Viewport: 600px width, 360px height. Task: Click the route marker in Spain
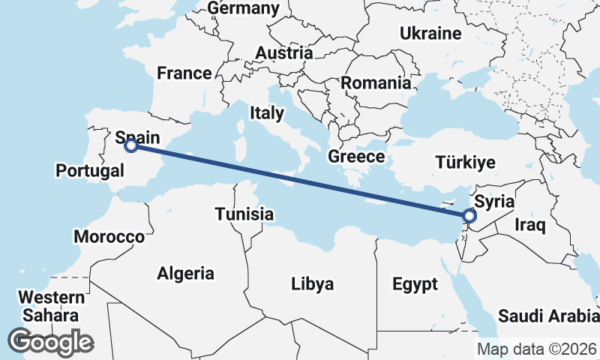pyautogui.click(x=130, y=145)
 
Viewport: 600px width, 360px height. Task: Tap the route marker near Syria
pyautogui.click(x=469, y=217)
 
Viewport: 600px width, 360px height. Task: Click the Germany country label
pyautogui.click(x=243, y=8)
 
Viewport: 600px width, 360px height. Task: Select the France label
pyautogui.click(x=184, y=73)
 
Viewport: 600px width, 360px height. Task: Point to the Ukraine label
pyautogui.click(x=430, y=34)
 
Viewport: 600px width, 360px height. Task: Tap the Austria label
pyautogui.click(x=283, y=53)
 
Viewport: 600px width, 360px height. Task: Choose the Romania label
pyautogui.click(x=376, y=83)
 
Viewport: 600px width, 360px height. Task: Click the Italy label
pyautogui.click(x=267, y=113)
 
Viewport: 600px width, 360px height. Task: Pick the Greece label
pyautogui.click(x=356, y=157)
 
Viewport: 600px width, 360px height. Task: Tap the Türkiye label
pyautogui.click(x=466, y=163)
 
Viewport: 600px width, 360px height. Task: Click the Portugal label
pyautogui.click(x=90, y=171)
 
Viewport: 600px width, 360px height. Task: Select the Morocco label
pyautogui.click(x=109, y=237)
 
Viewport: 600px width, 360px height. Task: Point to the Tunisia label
pyautogui.click(x=244, y=214)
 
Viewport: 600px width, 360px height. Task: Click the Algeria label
pyautogui.click(x=185, y=274)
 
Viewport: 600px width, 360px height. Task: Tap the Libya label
pyautogui.click(x=313, y=284)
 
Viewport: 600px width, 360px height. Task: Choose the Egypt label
pyautogui.click(x=415, y=285)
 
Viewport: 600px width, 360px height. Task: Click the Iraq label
pyautogui.click(x=529, y=224)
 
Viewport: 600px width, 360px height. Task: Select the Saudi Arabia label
pyautogui.click(x=548, y=316)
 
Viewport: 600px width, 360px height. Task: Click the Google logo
pyautogui.click(x=50, y=342)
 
